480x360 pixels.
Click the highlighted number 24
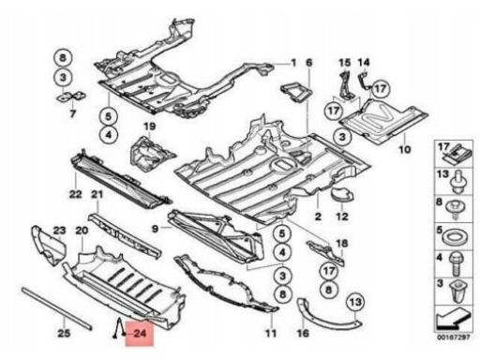(140, 333)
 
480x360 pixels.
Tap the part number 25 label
(64, 333)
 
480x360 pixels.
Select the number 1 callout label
(293, 63)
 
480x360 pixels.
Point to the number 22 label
(75, 194)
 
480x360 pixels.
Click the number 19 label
(149, 127)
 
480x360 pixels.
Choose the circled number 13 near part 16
(356, 302)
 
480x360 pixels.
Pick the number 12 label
(342, 217)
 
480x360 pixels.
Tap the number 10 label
(404, 149)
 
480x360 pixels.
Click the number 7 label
(72, 113)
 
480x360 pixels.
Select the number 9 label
(156, 229)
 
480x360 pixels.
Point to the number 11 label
(271, 333)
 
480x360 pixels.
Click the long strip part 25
(57, 308)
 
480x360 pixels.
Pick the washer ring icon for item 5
(455, 236)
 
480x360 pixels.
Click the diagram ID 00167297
(453, 337)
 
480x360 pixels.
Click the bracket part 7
(71, 97)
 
